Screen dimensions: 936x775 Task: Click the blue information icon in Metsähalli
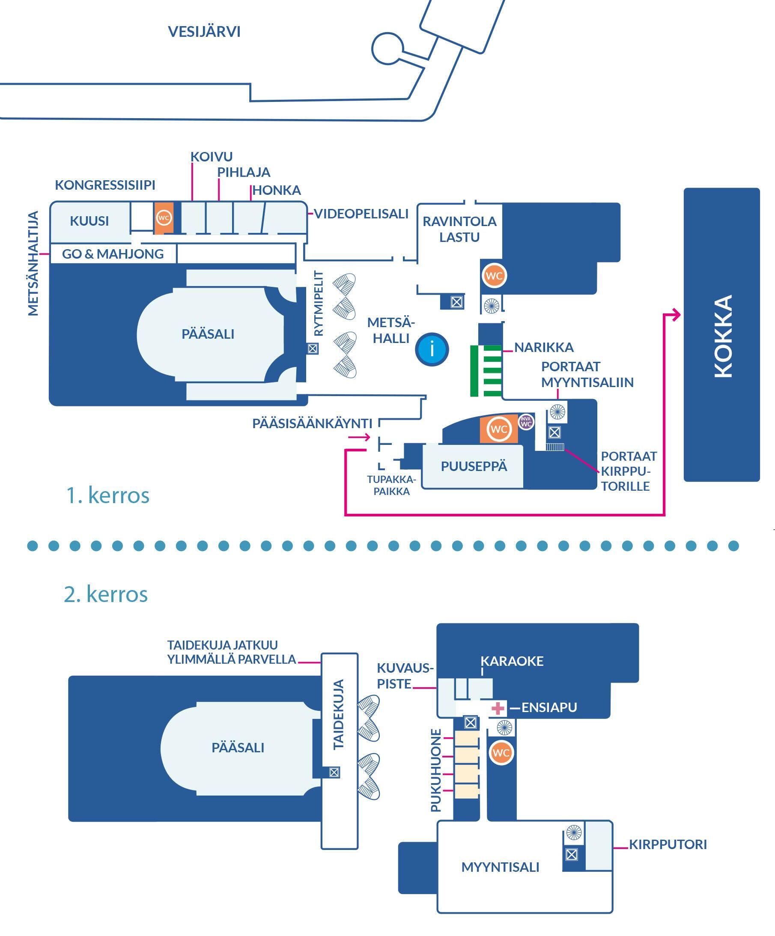[x=432, y=349]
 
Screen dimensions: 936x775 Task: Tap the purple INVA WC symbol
[x=526, y=421]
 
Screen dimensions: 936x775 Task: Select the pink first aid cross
[x=498, y=708]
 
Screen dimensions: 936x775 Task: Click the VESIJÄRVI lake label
[x=204, y=32]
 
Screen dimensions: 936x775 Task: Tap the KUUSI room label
[x=89, y=221]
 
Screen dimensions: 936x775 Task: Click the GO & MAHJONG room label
[x=113, y=254]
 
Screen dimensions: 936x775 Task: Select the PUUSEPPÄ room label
[x=474, y=466]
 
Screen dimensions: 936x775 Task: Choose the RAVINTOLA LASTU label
[x=459, y=229]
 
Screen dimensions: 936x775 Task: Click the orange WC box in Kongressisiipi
[x=164, y=218]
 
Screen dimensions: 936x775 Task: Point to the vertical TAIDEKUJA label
[x=339, y=714]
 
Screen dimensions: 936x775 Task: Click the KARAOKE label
[x=512, y=661]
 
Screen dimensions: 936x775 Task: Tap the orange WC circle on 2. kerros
[x=501, y=753]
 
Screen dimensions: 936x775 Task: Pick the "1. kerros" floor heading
[x=107, y=495]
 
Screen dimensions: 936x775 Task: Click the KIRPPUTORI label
[x=668, y=844]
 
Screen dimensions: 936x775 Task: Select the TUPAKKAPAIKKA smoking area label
[x=391, y=486]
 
